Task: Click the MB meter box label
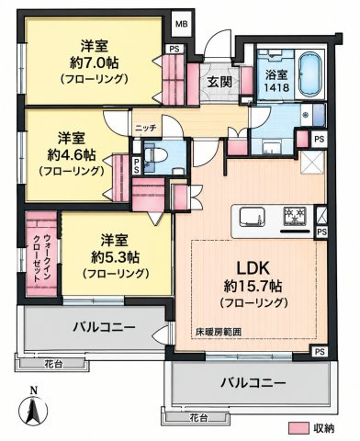181,24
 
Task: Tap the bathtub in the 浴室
309,74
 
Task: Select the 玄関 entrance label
219,82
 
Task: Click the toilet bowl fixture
156,155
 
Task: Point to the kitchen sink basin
252,217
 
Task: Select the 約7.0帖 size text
94,63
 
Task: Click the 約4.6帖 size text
72,155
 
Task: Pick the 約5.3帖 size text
116,257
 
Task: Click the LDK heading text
253,268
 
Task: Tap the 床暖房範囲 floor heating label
219,332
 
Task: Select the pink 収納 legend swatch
298,428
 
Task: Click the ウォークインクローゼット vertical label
42,258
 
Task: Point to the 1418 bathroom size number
276,88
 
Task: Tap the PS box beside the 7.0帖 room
174,49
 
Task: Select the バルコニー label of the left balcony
104,327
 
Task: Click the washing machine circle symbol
305,115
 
